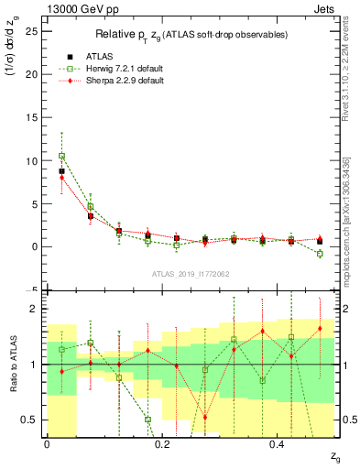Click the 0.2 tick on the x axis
tap(162, 444)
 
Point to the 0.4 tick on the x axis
tap(278, 444)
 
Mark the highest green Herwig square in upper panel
tap(61, 156)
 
